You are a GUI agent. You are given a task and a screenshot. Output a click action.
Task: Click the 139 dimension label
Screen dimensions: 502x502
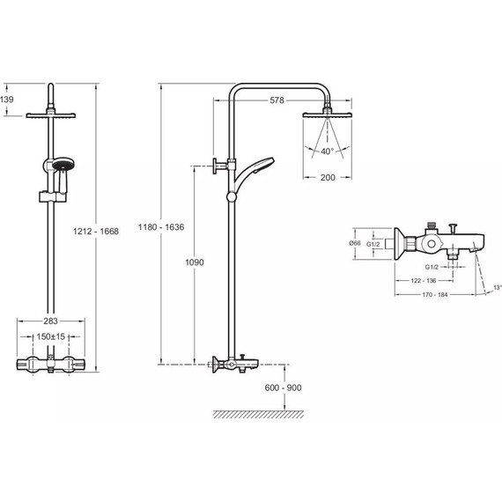(x=7, y=100)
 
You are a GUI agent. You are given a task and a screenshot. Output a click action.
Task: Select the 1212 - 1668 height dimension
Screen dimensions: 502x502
(x=96, y=231)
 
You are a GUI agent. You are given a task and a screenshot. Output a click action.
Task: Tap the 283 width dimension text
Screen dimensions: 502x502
(x=50, y=321)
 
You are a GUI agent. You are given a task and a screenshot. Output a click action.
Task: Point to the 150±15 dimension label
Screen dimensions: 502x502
(x=50, y=336)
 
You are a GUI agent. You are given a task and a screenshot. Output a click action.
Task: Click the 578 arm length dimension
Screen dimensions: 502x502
(x=277, y=100)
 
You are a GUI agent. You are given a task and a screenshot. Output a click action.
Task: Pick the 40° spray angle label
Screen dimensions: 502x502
(x=328, y=151)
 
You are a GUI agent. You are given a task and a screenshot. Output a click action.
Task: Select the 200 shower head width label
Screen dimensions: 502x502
(x=328, y=177)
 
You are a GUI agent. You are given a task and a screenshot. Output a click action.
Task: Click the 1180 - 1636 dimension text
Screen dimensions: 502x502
(x=161, y=227)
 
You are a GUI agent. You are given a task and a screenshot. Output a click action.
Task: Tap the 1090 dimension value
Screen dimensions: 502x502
(x=195, y=262)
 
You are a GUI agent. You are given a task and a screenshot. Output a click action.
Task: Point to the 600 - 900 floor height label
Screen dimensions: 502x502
(x=283, y=388)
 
